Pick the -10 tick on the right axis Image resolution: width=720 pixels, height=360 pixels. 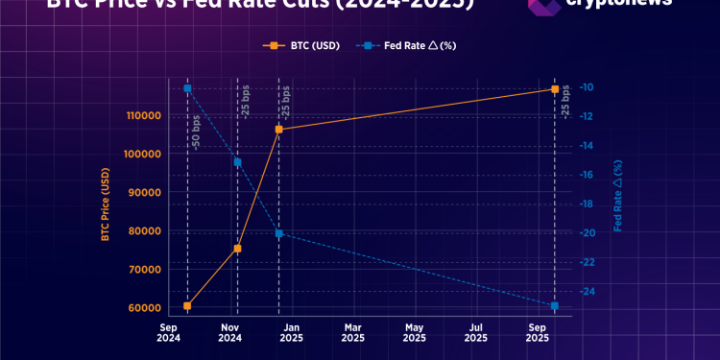pos(588,87)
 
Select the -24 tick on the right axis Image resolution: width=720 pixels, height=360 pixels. pos(588,291)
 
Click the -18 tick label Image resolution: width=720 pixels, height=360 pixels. pos(588,204)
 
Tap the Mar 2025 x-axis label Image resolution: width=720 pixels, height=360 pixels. pos(352,332)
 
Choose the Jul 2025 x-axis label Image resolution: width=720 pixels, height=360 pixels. pos(475,332)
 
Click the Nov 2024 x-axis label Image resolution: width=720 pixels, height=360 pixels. pos(229,332)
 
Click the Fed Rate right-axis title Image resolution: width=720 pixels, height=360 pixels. pos(618,197)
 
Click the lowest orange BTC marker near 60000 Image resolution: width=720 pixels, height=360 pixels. pos(187,306)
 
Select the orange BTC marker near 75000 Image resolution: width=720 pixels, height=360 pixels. pos(237,249)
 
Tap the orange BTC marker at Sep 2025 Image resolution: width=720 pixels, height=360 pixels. pos(555,89)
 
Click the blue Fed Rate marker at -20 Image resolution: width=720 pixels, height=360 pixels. pos(278,233)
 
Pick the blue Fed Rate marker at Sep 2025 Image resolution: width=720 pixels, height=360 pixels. pos(555,306)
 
